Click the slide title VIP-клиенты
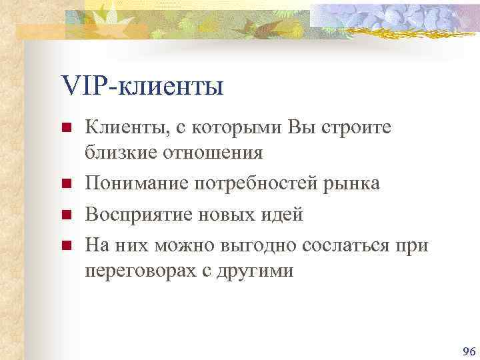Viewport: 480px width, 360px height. tap(142, 86)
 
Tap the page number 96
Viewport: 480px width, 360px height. tap(468, 351)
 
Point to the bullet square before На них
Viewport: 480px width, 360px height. tap(66, 247)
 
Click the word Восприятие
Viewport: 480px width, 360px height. tap(143, 215)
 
